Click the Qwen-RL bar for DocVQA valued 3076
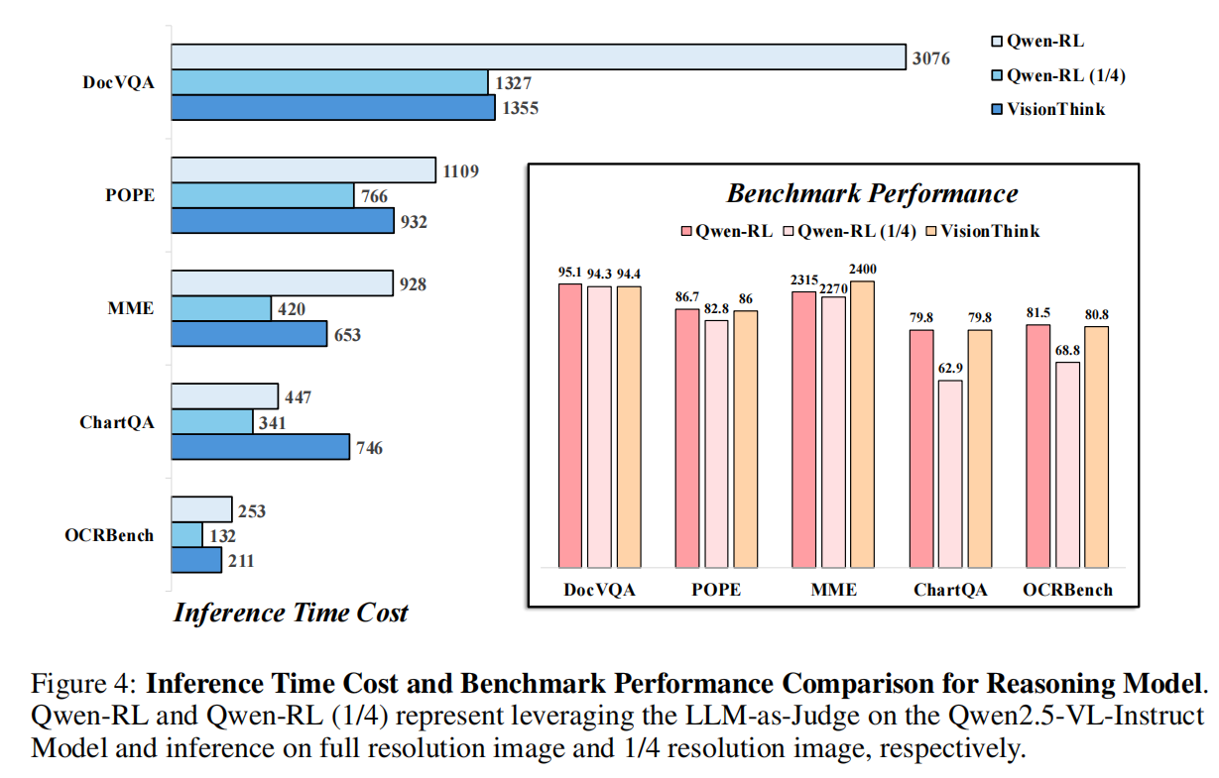539,57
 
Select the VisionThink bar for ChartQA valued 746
261,447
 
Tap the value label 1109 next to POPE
462,170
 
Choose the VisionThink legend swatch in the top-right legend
998,109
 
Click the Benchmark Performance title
872,193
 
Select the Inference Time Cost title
291,612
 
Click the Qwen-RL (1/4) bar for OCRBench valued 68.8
1068,465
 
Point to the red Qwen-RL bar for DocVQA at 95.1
570,425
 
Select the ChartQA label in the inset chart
949,591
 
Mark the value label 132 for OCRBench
223,535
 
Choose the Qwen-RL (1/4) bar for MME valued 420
221,308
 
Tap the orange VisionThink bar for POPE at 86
746,439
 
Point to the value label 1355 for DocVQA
519,108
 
